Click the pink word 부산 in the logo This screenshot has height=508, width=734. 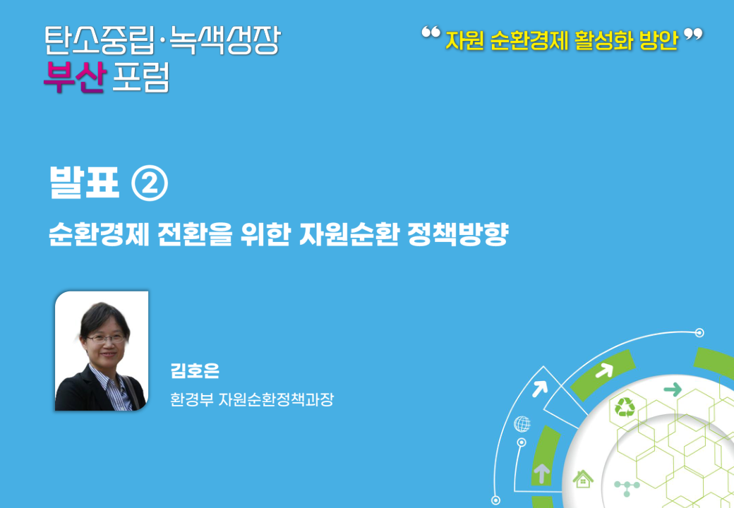pos(75,77)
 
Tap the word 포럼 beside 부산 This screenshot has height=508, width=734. pos(140,77)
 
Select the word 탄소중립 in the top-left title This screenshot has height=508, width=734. pos(100,40)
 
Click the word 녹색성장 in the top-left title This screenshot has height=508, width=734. pos(224,40)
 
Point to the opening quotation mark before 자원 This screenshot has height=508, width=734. pos(431,32)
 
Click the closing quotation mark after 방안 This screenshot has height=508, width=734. pos(693,34)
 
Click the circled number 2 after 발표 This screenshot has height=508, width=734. pos(150,184)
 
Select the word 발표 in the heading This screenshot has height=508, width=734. pos(84,183)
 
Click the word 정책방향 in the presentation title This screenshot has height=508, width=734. pos(458,234)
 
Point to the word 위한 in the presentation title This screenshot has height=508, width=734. pos(265,234)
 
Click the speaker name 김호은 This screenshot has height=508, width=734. pos(195,371)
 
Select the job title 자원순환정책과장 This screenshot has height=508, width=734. pos(276,399)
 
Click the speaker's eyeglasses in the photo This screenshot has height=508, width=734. pos(106,338)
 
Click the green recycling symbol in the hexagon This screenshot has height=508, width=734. pos(625,407)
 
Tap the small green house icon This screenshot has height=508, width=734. pos(583,479)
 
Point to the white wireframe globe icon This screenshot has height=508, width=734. pos(522,424)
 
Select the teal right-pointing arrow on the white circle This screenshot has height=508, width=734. pos(673,389)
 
